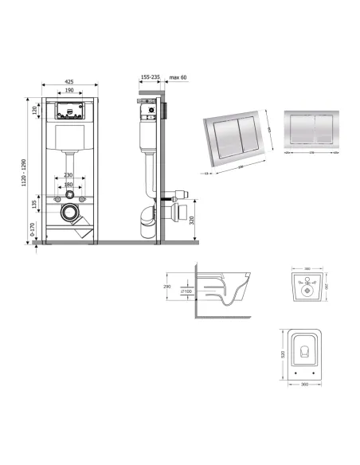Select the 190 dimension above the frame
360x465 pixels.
coord(70,91)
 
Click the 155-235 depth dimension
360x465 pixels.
coord(150,78)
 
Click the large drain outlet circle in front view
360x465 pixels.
coord(71,213)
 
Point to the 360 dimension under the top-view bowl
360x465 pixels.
coord(302,386)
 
